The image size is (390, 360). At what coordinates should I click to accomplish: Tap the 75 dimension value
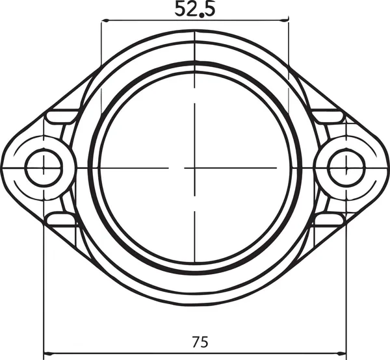[200, 341]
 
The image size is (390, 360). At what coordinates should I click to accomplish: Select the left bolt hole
[44, 168]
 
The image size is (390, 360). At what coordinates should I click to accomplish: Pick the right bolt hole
[346, 168]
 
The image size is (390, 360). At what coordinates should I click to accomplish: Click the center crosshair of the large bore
[194, 168]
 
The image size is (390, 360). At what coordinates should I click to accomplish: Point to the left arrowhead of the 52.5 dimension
[105, 21]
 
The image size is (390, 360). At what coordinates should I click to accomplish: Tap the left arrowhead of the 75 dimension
[47, 355]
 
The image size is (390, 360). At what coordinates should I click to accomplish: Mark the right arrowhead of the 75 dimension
[343, 355]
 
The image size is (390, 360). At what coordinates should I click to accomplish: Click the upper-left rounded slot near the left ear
[62, 116]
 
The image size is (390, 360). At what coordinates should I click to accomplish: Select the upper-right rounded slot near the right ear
[328, 116]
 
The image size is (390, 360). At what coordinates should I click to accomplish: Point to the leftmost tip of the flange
[3, 166]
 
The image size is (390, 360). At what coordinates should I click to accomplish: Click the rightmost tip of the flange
[387, 166]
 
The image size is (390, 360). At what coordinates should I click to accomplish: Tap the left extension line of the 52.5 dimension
[101, 45]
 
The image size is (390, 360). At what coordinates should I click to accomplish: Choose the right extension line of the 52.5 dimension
[289, 45]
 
